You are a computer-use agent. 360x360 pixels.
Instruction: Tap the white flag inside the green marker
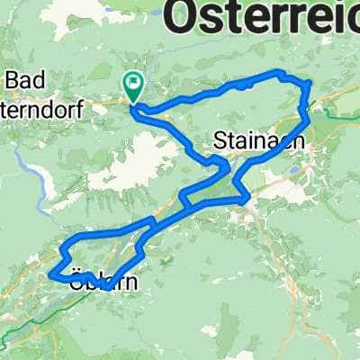[134, 85]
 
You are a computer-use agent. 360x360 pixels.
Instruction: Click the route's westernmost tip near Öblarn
[51, 273]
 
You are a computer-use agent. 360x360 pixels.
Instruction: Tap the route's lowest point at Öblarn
[106, 289]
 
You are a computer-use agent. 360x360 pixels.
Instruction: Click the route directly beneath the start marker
[133, 110]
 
